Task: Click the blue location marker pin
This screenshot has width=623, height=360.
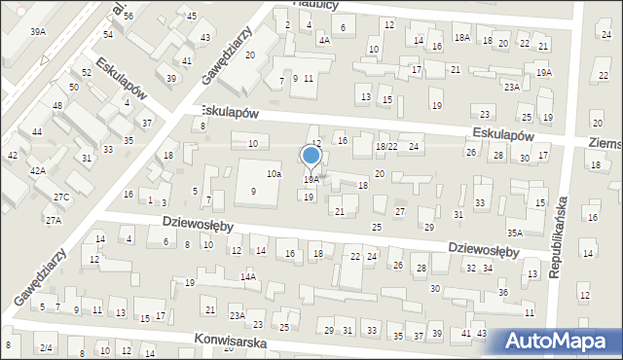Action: click(x=311, y=156)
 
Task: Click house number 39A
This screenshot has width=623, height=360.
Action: click(x=38, y=32)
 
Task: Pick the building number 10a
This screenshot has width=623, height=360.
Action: click(x=275, y=173)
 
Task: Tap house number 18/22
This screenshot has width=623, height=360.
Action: click(x=386, y=146)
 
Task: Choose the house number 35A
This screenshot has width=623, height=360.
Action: click(x=515, y=234)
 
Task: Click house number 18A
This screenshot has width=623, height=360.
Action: click(x=461, y=37)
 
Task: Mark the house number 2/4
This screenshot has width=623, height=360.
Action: click(x=46, y=347)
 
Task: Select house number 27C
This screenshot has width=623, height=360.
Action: click(x=61, y=198)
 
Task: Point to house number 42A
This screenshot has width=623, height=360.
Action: click(x=37, y=171)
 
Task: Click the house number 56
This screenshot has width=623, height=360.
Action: click(x=128, y=18)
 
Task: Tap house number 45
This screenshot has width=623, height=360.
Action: click(x=192, y=17)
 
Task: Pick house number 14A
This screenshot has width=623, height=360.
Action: click(x=248, y=277)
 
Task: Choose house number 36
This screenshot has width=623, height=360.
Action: click(x=503, y=293)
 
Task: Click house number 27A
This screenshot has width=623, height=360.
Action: click(x=53, y=221)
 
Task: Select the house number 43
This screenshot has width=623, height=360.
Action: click(x=204, y=38)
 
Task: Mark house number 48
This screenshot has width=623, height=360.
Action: click(x=57, y=105)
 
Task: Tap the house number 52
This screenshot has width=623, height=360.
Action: click(x=87, y=73)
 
